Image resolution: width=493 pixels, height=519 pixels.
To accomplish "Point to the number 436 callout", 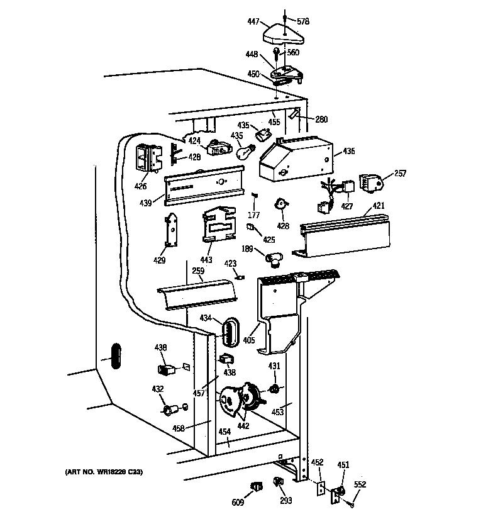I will [x=348, y=152].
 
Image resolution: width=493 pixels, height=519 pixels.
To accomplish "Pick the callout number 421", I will [x=379, y=206].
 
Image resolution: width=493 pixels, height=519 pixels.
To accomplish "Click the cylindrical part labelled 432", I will [x=169, y=410].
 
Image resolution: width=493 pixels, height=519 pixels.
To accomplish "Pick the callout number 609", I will [x=238, y=503].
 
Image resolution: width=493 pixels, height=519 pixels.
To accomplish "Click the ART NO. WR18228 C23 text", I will [x=104, y=471].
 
